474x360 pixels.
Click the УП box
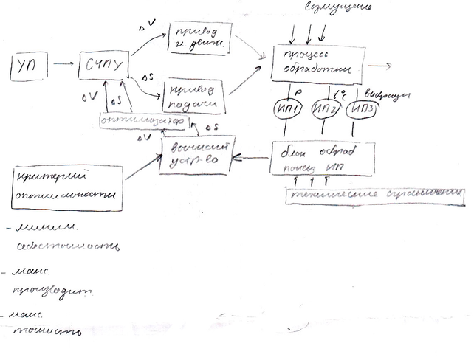[x=30, y=68]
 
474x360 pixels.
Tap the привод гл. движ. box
[x=199, y=38]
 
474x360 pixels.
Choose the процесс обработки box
[x=318, y=65]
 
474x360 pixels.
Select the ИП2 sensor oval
[x=326, y=110]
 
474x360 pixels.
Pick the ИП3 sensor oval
[x=365, y=109]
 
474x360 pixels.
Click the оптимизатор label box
[x=143, y=120]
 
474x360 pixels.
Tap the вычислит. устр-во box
[x=196, y=154]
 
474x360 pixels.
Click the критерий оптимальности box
[x=67, y=187]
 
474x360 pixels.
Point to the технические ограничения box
[x=376, y=193]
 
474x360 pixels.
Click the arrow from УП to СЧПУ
[x=65, y=66]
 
